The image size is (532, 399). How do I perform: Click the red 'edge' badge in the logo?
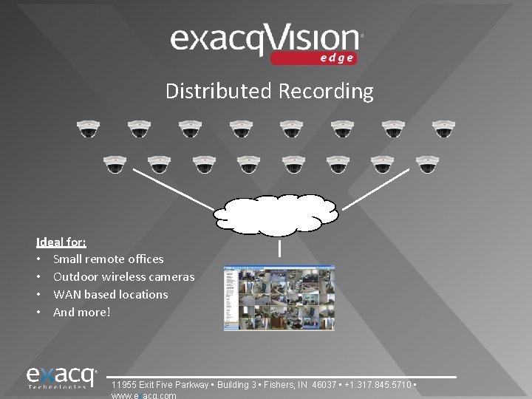[x=313, y=58]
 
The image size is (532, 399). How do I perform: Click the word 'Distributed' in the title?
[x=219, y=91]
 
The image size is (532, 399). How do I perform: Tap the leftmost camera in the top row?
[x=89, y=129]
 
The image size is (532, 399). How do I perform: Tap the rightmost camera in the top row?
[x=443, y=129]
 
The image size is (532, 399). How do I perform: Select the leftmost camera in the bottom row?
[x=115, y=164]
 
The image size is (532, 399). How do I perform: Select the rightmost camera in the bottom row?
[x=427, y=164]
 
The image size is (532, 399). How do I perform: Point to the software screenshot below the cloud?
[x=279, y=298]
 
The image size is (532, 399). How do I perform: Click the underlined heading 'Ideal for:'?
[x=61, y=242]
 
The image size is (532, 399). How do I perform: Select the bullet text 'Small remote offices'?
[x=108, y=259]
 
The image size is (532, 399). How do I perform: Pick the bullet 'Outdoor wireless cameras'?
[x=123, y=276]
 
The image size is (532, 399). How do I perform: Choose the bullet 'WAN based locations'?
[x=110, y=294]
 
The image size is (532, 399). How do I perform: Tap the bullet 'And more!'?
[x=81, y=312]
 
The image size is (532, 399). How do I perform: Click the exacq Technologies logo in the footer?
[x=62, y=377]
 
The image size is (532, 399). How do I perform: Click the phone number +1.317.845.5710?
[x=380, y=385]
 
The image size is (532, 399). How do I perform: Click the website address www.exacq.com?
[x=143, y=395]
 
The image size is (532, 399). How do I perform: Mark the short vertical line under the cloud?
[x=279, y=249]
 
